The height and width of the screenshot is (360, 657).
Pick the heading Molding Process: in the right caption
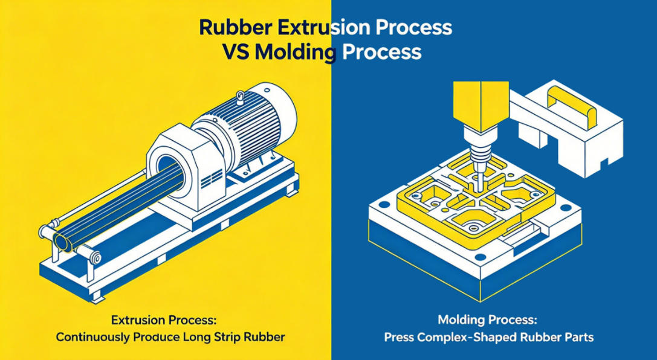click(487, 320)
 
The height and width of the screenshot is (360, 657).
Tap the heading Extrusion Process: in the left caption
click(164, 321)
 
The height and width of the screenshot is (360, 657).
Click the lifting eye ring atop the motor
click(240, 98)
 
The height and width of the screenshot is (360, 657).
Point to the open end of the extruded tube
click(62, 242)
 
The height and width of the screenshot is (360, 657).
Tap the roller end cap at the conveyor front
click(96, 257)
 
